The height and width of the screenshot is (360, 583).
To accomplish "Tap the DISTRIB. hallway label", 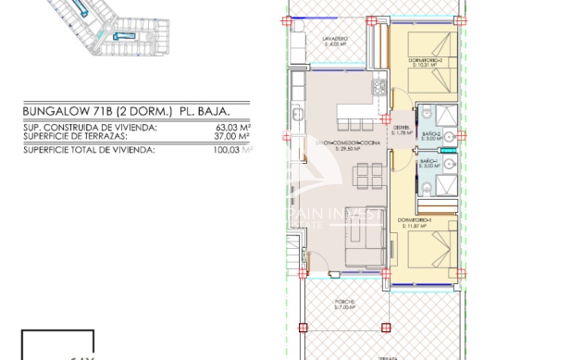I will pos(401,130).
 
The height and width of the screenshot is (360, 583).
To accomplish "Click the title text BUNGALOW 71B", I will pos(60,111).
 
